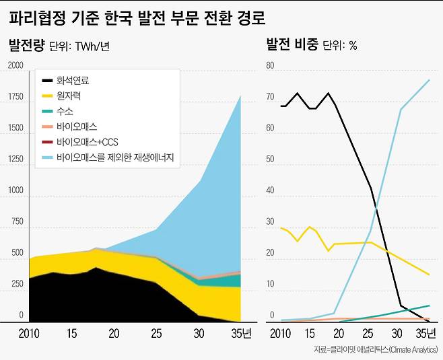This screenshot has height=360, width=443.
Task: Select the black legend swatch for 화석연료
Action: click(x=46, y=80)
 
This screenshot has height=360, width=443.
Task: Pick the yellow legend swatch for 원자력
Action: click(x=46, y=96)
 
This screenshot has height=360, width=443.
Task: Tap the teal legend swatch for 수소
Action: click(x=46, y=112)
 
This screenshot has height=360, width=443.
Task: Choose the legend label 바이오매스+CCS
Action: click(x=88, y=143)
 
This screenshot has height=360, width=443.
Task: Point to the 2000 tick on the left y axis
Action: click(x=15, y=65)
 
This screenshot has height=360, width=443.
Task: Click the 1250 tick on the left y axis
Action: click(x=15, y=159)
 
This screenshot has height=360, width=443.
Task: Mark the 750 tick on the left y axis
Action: click(x=17, y=221)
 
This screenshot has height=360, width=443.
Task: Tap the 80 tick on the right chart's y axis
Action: click(x=271, y=65)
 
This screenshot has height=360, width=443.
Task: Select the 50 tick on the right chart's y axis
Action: click(x=271, y=159)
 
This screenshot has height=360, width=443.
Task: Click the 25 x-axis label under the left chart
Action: click(x=156, y=333)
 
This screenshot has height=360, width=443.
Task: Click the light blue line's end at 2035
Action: click(x=430, y=80)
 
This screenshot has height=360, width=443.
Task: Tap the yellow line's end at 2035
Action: click(x=430, y=275)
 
